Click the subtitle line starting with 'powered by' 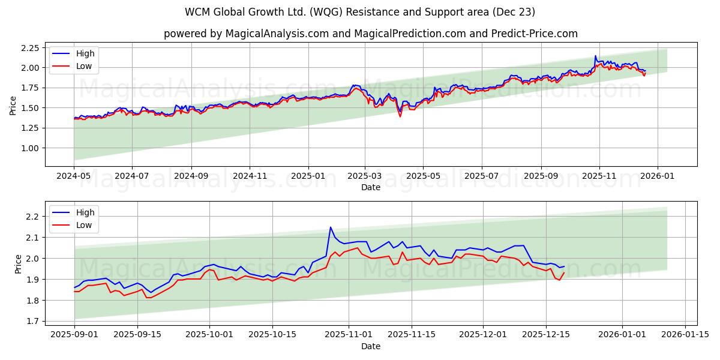pos(371,34)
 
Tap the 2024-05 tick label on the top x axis pos(74,176)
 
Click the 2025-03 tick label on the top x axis pos(365,176)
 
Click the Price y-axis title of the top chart pos(13,106)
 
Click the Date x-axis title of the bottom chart pos(371,346)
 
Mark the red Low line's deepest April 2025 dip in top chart pos(400,116)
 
